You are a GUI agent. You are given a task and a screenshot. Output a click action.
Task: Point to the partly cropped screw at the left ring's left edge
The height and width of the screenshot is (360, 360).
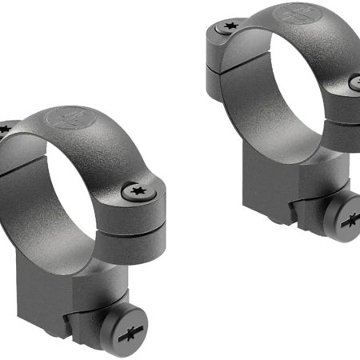pos(3,128)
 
